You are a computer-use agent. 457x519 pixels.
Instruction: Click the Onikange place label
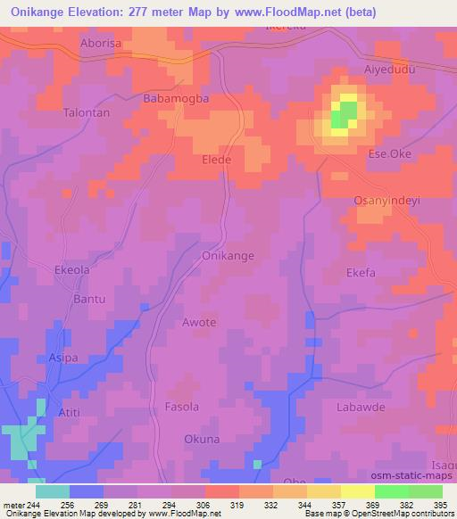228,256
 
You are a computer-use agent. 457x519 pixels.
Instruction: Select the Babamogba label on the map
176,99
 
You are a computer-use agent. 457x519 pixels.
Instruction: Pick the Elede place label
217,160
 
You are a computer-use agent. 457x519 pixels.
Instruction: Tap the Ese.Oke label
390,153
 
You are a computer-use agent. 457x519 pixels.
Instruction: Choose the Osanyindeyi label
387,201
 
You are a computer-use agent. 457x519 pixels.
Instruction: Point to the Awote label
199,322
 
